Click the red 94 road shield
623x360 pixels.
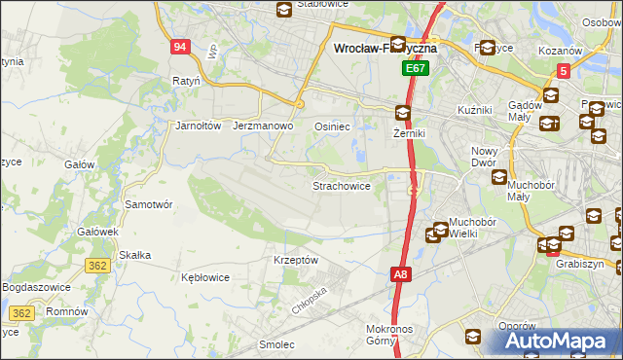[179, 47]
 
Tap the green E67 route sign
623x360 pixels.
[416, 70]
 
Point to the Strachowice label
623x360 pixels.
[341, 186]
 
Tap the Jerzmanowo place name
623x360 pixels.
[264, 126]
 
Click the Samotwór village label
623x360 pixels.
[149, 205]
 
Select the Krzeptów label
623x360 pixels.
[296, 261]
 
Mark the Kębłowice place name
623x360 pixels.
[205, 277]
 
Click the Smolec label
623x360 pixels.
[277, 344]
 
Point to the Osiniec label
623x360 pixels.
[332, 126]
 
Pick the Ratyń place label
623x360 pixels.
[186, 81]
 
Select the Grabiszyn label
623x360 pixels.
[580, 264]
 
